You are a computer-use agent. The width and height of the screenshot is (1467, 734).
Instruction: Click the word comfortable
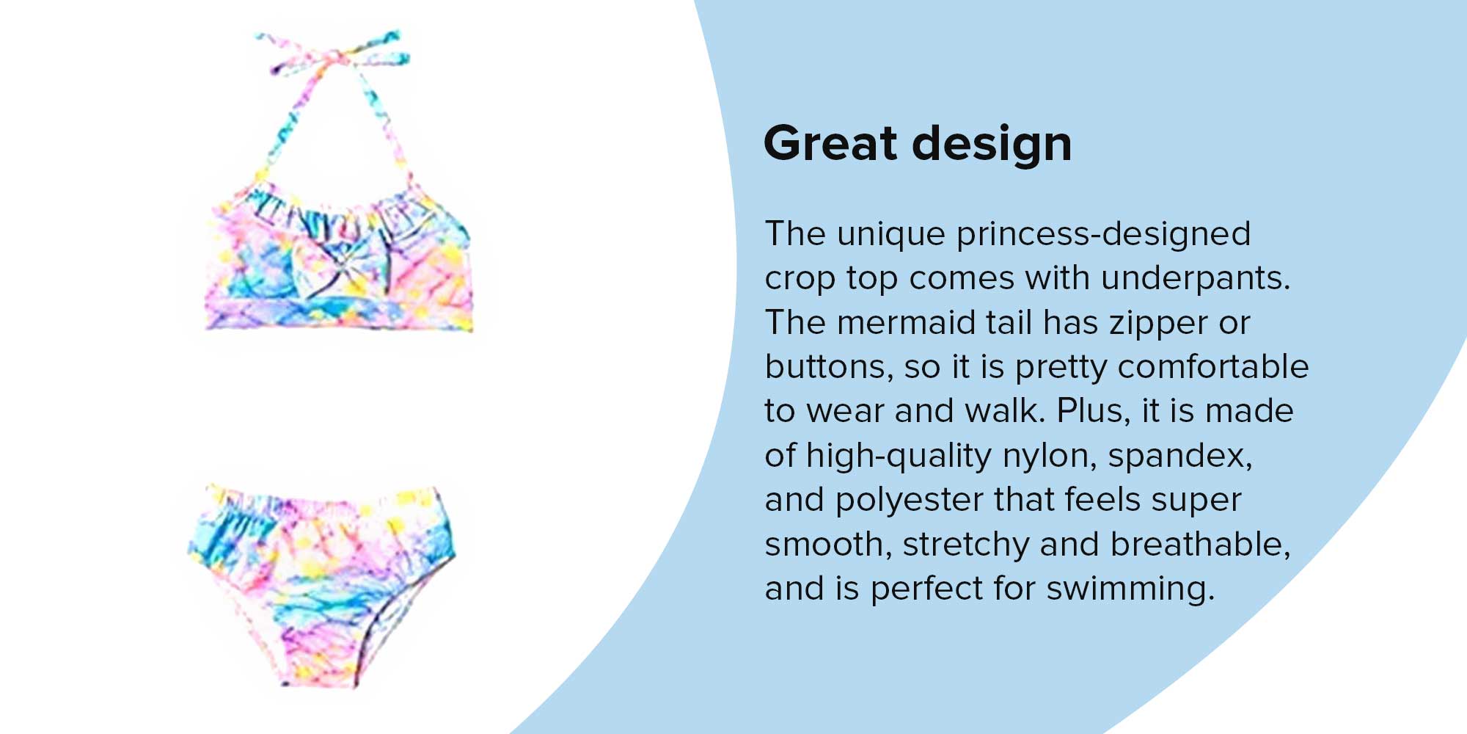[x=1214, y=367]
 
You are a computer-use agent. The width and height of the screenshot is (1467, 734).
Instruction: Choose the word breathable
[x=1200, y=545]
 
